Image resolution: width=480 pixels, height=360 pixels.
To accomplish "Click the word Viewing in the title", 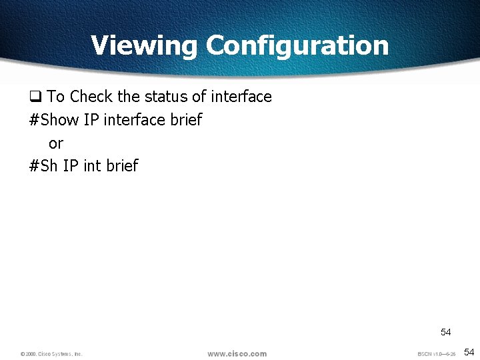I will coord(144,46).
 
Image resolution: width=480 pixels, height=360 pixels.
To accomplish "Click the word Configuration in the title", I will coord(297,46).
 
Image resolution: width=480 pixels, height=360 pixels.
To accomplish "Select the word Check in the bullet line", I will coord(91,97).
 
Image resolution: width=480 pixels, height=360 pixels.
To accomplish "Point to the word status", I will coord(166,97).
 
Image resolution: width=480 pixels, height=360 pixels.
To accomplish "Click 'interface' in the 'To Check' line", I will coord(241,97).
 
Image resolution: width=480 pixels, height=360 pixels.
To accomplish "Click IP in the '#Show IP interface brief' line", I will coord(91,120).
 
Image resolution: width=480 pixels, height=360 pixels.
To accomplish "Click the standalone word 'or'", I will coord(56,143).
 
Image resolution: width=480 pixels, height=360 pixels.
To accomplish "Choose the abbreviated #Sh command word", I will coord(44,166).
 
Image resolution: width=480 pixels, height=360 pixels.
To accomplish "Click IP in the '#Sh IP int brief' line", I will coord(71,166).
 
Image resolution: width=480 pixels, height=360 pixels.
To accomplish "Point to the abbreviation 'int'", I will coord(92,166).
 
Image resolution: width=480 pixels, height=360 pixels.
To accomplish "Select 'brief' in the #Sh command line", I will coord(122,166).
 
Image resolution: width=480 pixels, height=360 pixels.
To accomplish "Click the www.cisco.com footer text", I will coord(237,353).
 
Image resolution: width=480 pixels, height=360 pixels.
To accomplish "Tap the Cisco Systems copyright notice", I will coord(51,354).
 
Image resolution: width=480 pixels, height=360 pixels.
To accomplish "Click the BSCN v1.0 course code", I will coord(437,354).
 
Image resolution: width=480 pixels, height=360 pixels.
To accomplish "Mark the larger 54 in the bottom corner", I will coord(469,352).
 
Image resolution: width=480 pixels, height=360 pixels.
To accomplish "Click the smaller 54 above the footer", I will coord(445,332).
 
